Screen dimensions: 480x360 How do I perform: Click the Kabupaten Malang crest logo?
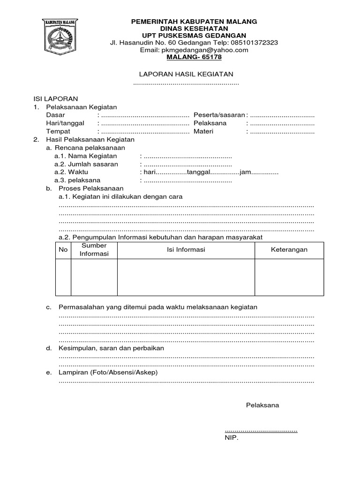pyautogui.click(x=60, y=37)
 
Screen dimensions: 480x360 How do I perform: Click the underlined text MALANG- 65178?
pyautogui.click(x=194, y=57)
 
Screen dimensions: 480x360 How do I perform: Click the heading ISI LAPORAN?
pyautogui.click(x=55, y=99)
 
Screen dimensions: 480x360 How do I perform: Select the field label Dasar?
pyautogui.click(x=56, y=115)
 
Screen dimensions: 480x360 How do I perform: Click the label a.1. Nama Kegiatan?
pyautogui.click(x=85, y=156)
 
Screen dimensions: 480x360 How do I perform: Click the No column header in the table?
pyautogui.click(x=63, y=250)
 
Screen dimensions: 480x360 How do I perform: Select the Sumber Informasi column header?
pyautogui.click(x=94, y=250)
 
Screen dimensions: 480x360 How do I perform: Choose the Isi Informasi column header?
pyautogui.click(x=186, y=250)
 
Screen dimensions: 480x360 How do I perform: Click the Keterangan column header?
pyautogui.click(x=289, y=250)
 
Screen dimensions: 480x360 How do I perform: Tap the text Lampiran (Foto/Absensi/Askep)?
pyautogui.click(x=108, y=372)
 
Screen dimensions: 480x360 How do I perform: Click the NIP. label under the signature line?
pyautogui.click(x=232, y=438)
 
